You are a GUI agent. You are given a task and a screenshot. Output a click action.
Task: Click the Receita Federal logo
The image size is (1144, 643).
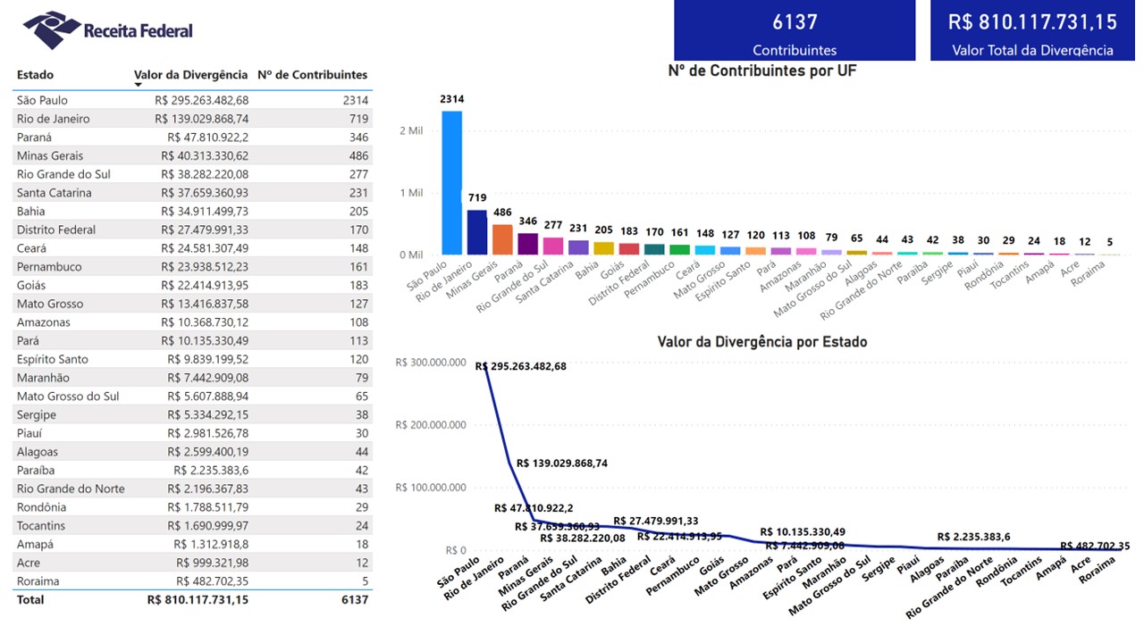pos(107,30)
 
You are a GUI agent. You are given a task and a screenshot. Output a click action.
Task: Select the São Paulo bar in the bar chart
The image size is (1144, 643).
pos(451,183)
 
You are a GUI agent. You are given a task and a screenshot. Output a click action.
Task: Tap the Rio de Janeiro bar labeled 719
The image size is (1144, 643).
pos(476,232)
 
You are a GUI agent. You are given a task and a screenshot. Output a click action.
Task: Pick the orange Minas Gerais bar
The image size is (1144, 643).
pos(502,239)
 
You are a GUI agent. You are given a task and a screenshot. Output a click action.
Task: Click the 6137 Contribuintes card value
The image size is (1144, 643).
pos(795,22)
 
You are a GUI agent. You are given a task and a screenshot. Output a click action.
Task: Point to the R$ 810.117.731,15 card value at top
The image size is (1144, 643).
pos(1032,22)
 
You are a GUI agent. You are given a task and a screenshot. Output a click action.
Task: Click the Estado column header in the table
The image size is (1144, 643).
pos(35,75)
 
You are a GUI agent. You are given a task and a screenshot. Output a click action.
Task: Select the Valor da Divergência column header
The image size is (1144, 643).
pos(190,75)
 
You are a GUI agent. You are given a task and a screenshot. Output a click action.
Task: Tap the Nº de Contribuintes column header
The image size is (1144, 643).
pos(312,75)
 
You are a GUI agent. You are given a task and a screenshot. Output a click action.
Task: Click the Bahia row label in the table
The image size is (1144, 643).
pos(31,211)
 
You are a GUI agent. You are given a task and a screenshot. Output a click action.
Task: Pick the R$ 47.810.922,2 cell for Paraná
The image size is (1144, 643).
pos(207,138)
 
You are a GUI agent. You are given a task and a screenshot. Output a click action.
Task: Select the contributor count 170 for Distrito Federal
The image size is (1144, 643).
pos(359,230)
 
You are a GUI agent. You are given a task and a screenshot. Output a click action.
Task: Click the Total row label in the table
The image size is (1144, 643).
pos(30,599)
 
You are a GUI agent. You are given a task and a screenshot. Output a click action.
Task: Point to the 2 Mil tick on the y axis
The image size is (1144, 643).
pos(410,130)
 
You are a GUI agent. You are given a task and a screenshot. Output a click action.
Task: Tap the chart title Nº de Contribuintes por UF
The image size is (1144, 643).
pos(762,71)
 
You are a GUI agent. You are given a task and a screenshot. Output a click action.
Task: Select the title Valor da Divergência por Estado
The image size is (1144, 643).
pos(761,342)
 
